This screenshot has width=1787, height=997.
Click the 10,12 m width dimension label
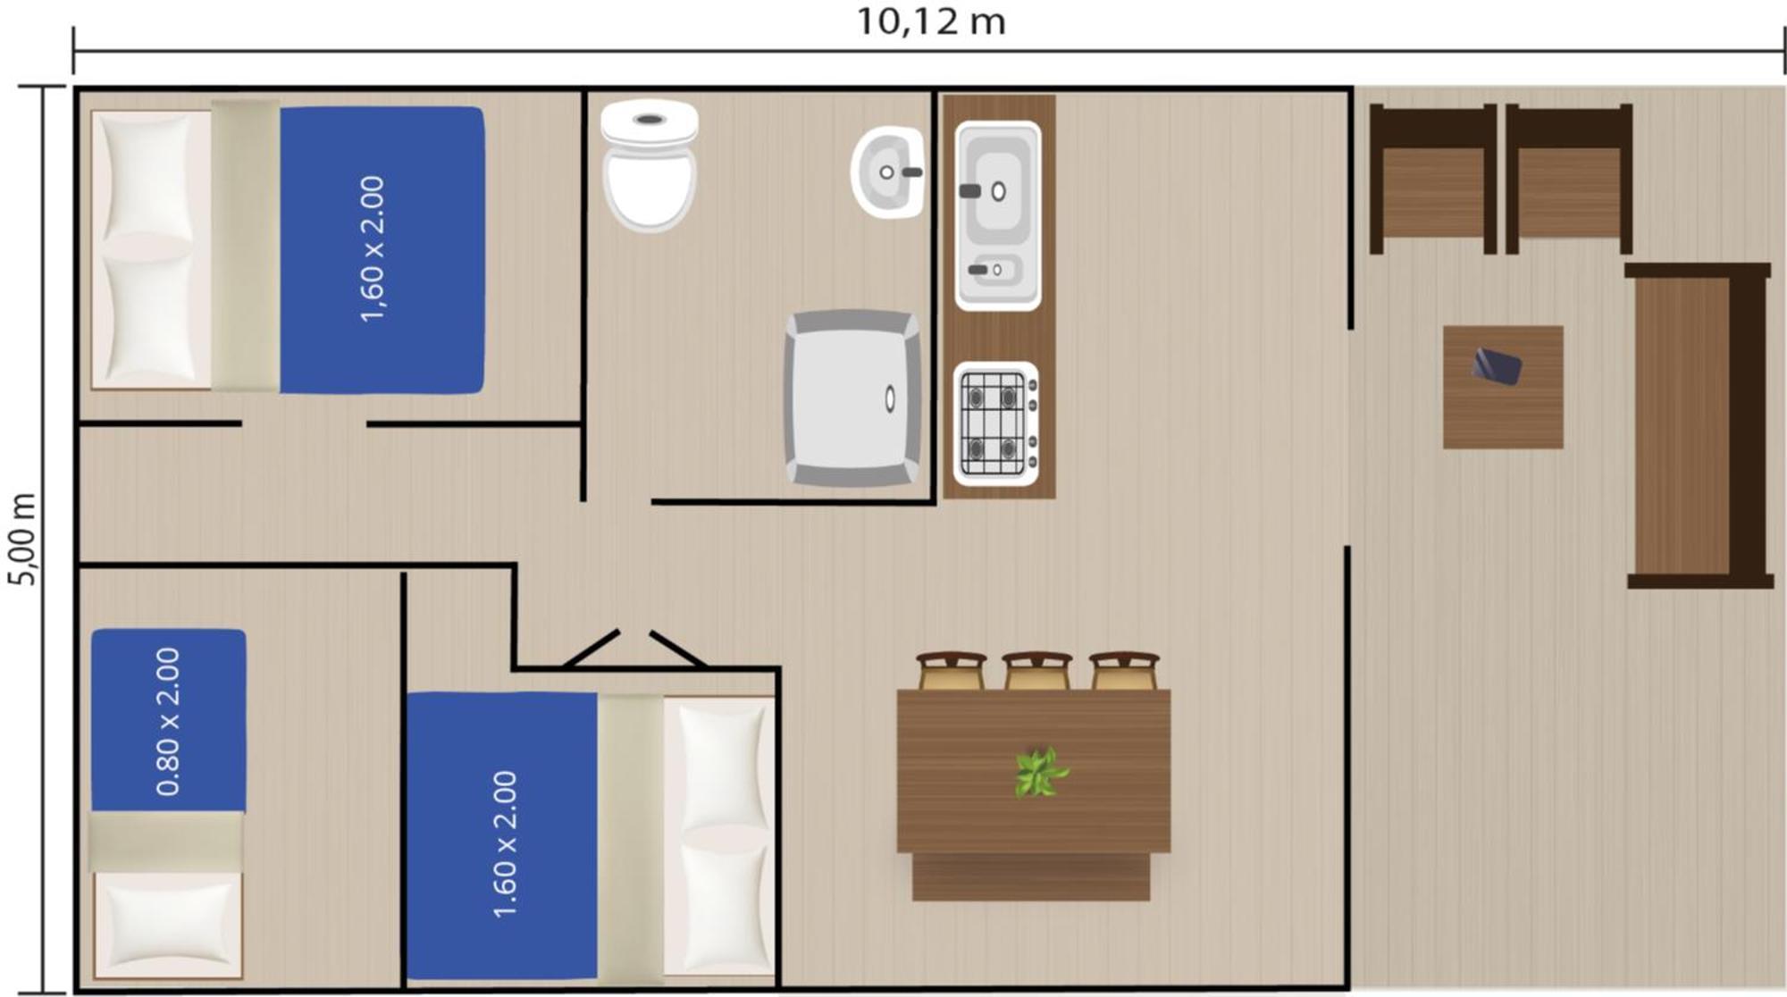[x=931, y=21]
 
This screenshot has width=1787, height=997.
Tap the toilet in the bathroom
[x=650, y=165]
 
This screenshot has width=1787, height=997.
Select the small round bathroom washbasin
[x=886, y=172]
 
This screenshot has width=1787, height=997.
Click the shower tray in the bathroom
[x=853, y=398]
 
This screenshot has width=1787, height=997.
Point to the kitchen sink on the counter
[x=998, y=215]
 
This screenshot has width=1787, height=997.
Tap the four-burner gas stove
[x=996, y=423]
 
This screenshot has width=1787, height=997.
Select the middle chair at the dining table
[x=1036, y=671]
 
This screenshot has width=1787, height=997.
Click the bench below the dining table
[x=1031, y=876]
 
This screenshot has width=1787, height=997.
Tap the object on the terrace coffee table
[x=1497, y=366]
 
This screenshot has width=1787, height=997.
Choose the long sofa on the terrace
[x=1699, y=425]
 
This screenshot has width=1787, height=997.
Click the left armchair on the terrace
[x=1433, y=179]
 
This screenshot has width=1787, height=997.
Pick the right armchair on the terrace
[x=1569, y=179]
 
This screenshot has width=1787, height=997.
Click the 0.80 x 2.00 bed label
[x=168, y=721]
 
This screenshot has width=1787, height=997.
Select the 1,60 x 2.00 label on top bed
[x=372, y=248]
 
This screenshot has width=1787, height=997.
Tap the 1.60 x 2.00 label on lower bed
[x=505, y=844]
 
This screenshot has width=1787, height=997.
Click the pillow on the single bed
[x=168, y=925]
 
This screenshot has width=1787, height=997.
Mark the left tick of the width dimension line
[x=73, y=51]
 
